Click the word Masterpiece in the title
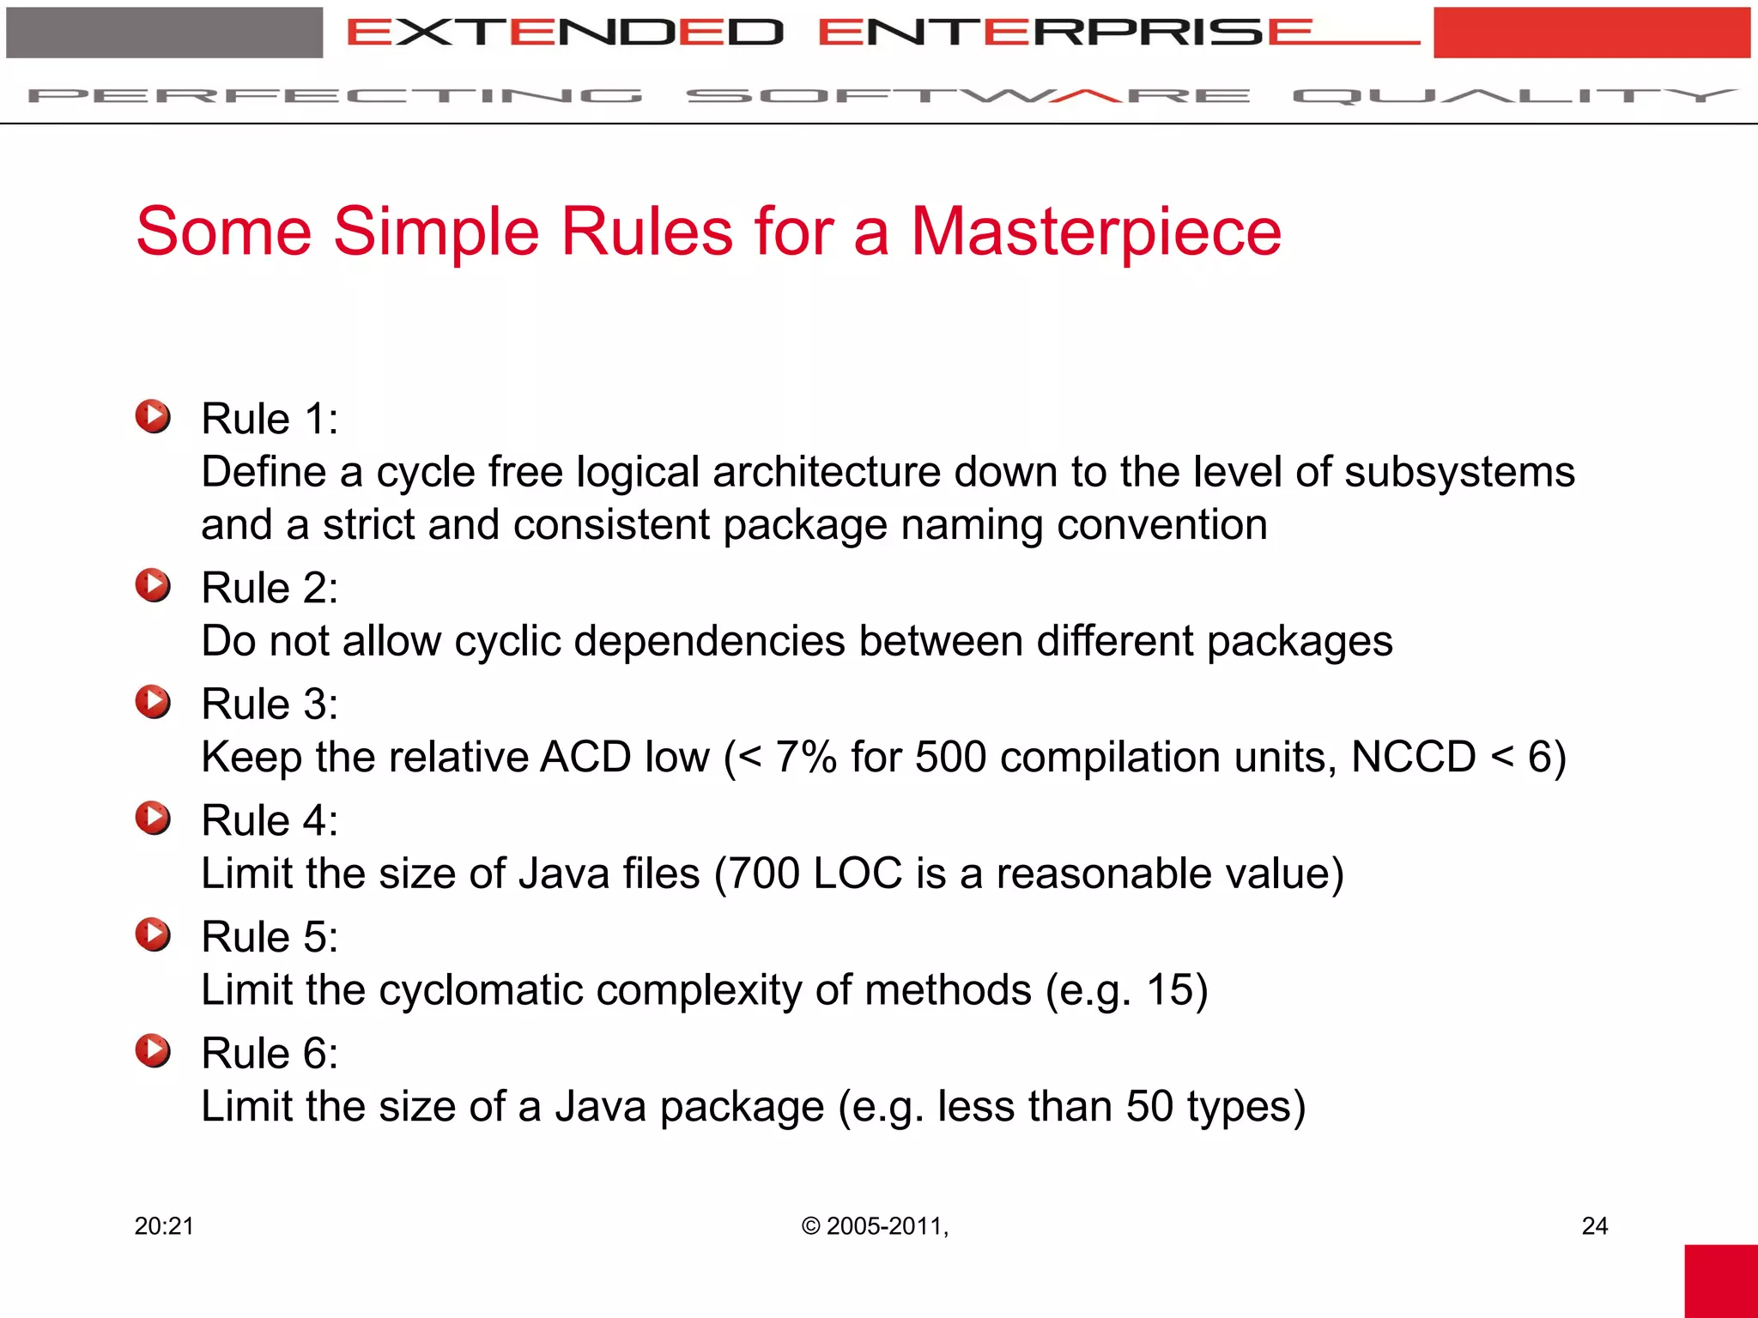coord(1095,232)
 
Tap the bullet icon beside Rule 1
coord(153,416)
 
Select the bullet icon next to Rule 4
coord(153,818)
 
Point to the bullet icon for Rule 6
coord(153,1050)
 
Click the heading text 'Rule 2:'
coord(270,589)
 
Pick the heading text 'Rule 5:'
coord(270,937)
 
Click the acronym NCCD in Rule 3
coord(1413,757)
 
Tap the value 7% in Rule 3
coord(805,757)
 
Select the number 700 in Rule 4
coord(764,874)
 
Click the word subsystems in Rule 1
coord(1459,472)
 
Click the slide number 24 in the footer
coord(1594,1226)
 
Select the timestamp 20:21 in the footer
coord(164,1226)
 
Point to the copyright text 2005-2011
coord(884,1226)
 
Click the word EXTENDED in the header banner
coord(565,33)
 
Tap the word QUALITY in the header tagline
coord(1514,95)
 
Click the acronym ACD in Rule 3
coord(585,757)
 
